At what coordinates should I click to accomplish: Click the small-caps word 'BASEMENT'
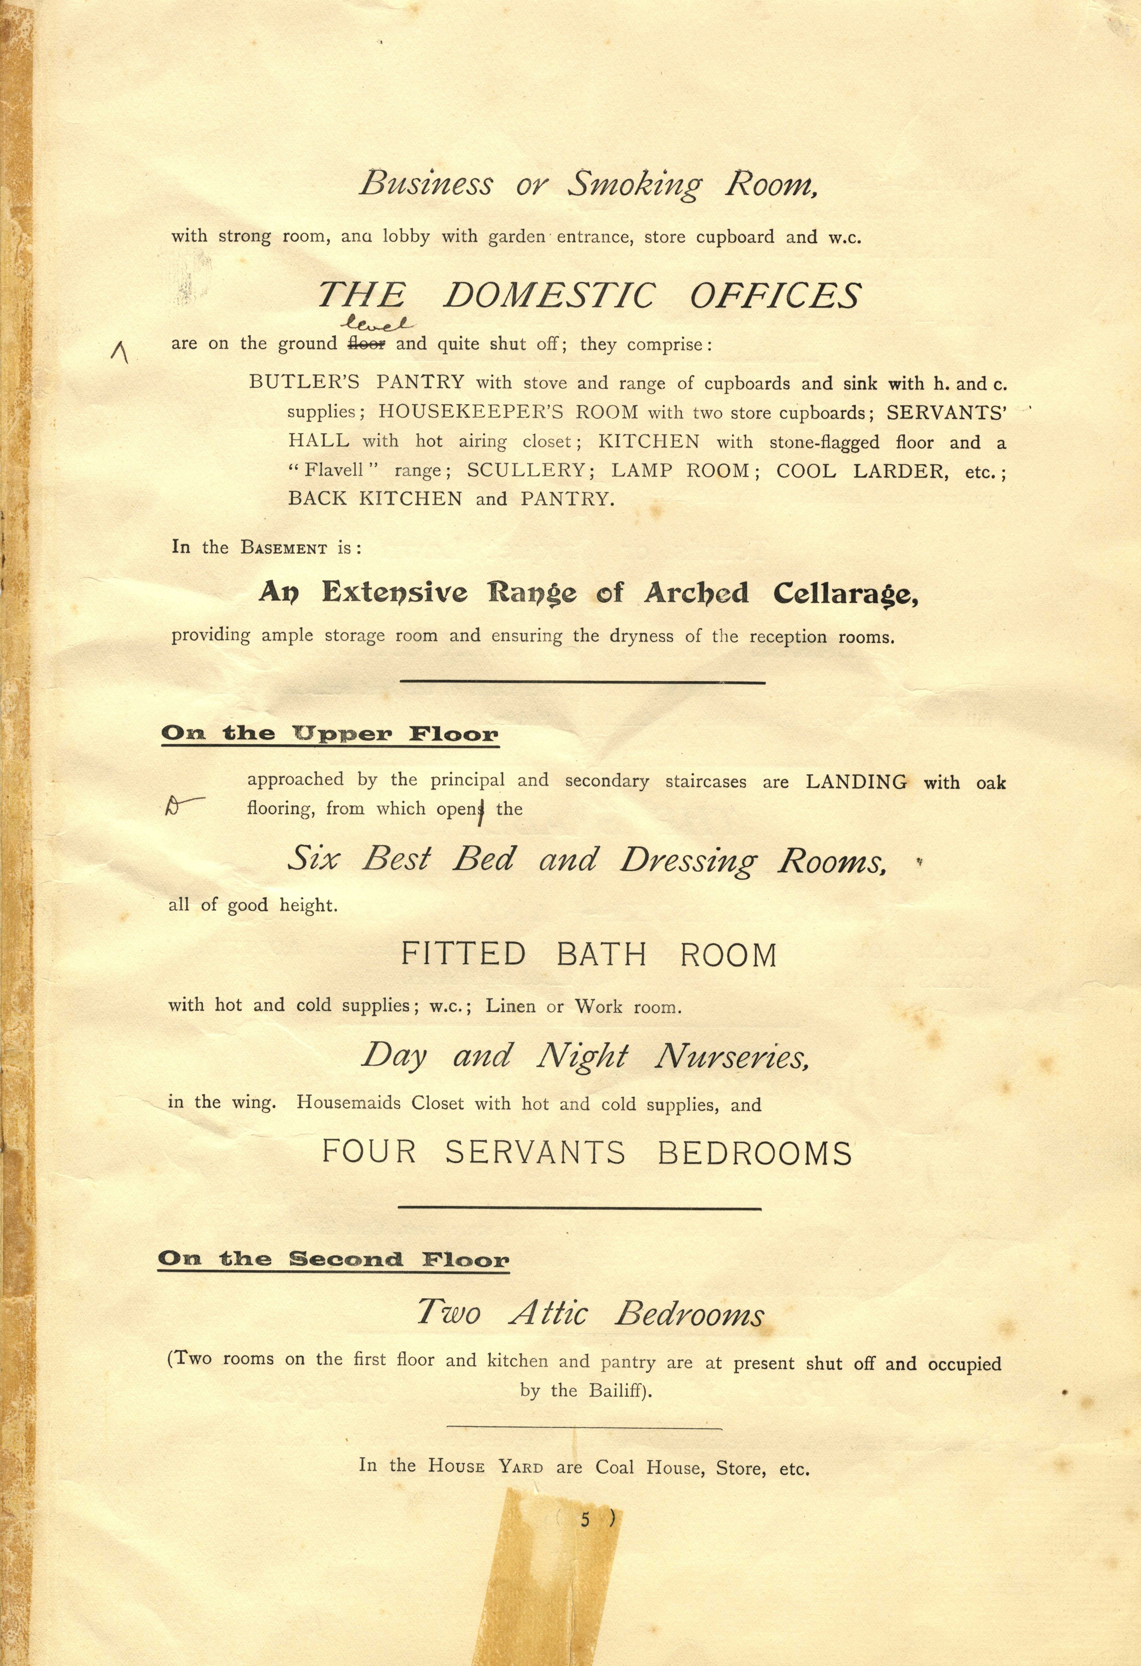284,548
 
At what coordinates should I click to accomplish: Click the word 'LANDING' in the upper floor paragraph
856,781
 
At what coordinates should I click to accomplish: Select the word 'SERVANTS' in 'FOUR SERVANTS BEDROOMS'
535,1153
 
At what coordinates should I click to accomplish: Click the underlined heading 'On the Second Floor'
333,1259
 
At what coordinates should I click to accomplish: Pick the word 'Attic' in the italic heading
548,1313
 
